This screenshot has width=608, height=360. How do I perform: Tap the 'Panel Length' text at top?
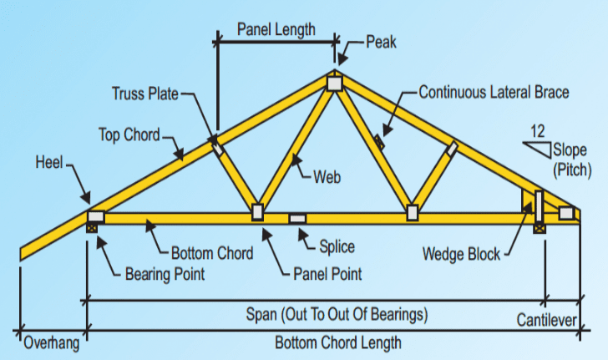276,29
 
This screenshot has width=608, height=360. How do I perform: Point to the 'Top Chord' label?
129,134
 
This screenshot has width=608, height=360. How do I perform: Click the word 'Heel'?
49,161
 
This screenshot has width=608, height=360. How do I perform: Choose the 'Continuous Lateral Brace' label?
494,91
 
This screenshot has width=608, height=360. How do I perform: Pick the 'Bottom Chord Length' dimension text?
338,342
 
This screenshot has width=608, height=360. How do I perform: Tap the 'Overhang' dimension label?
51,342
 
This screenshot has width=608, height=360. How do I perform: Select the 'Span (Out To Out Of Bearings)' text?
337,315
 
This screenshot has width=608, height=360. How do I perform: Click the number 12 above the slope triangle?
538,131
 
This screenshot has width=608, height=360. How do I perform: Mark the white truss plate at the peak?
334,84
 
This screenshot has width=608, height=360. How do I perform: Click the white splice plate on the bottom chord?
298,219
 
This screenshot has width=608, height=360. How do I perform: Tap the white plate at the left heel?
96,215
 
